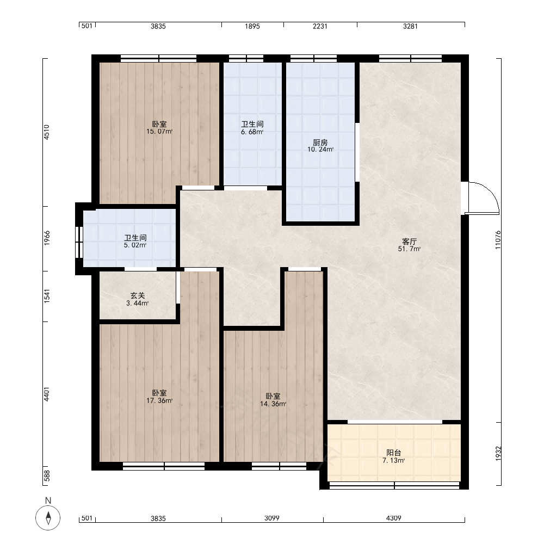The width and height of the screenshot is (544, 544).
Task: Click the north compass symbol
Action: point(48,518)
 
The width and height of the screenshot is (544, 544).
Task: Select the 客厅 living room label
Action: point(409,242)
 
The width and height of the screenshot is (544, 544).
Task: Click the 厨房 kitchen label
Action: point(320,143)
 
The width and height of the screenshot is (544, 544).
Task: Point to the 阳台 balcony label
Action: point(394,453)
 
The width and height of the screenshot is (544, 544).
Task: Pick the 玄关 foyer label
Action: point(138,295)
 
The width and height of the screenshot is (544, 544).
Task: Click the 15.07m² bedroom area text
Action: point(159,132)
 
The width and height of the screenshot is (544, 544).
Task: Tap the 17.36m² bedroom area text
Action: point(159,401)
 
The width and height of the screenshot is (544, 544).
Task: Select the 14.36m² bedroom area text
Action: point(273,404)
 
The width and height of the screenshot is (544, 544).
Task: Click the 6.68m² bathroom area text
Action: point(252,132)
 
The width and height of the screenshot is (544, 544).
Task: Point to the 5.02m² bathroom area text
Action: point(135,245)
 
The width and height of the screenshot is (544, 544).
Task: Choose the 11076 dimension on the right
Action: point(498,240)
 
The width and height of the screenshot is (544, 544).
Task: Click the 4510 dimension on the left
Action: point(47,132)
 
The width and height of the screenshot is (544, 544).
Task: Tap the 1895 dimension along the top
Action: point(252,26)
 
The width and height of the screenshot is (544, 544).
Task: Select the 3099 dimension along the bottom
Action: point(271,518)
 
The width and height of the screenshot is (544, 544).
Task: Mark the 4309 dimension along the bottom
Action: point(393,518)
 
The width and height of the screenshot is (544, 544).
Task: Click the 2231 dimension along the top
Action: point(320,26)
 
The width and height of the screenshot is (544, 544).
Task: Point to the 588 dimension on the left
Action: point(47,476)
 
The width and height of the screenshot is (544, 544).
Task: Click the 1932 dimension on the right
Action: point(498,454)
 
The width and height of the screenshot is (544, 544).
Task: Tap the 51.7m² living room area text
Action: point(410,249)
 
